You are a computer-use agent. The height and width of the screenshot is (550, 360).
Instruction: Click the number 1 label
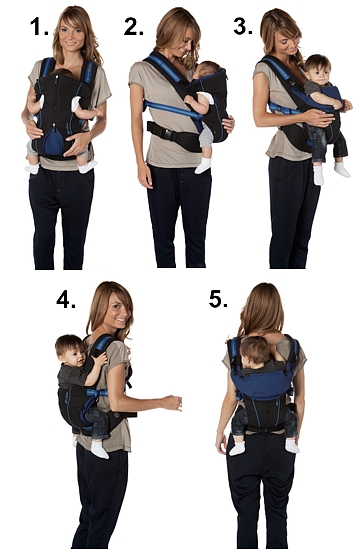(39, 27)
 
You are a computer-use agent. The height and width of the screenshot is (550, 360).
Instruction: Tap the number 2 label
(133, 27)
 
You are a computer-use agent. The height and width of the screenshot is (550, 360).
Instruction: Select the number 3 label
(243, 26)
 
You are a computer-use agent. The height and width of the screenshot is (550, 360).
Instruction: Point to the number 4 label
(66, 300)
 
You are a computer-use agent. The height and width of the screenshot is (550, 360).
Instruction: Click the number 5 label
(218, 299)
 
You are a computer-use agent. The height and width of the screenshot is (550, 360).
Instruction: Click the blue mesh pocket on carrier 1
(55, 141)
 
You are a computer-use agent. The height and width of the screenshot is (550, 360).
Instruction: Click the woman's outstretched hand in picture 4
(172, 402)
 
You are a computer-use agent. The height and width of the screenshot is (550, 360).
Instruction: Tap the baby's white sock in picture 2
(203, 165)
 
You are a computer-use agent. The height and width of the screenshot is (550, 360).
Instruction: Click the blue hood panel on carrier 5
(262, 383)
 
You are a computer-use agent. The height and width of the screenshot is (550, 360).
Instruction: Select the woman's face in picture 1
(71, 34)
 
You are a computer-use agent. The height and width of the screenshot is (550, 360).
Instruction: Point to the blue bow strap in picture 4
(97, 393)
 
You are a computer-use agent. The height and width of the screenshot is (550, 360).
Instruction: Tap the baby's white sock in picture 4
(99, 450)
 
